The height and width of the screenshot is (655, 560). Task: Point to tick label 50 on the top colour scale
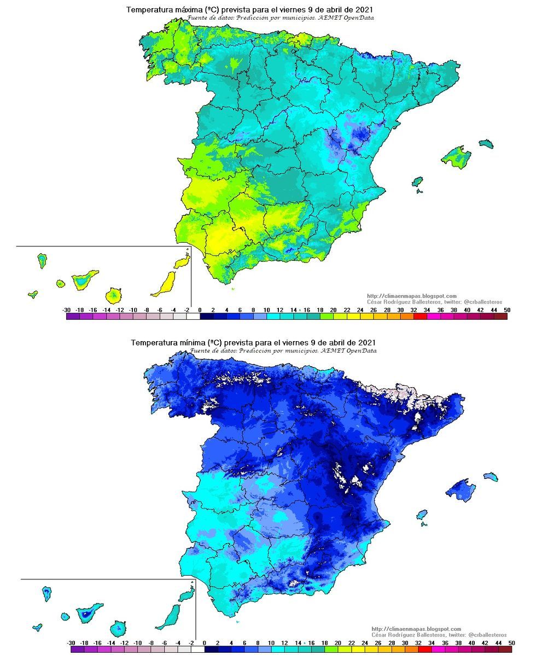(x=506, y=310)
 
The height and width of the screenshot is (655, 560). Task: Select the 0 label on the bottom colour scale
(x=204, y=642)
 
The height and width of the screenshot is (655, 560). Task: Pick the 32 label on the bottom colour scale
(x=418, y=642)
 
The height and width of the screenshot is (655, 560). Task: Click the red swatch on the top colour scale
(x=419, y=316)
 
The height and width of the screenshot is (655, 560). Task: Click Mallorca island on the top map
(x=456, y=157)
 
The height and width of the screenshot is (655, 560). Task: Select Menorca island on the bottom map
(x=490, y=476)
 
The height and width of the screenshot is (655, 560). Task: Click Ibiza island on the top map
(x=418, y=181)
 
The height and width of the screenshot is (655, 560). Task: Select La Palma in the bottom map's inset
(x=47, y=592)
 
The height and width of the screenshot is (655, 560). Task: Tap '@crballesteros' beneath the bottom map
(x=488, y=635)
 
